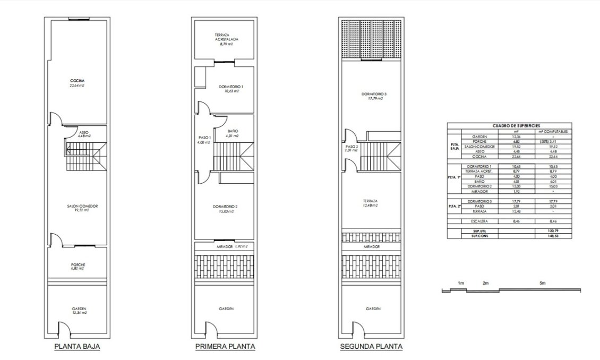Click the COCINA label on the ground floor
point(78,81)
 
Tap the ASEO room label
point(83,132)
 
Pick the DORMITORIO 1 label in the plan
point(231,87)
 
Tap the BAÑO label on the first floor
point(233,131)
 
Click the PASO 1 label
point(204,138)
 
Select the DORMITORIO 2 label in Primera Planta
point(227,207)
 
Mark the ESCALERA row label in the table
point(479,221)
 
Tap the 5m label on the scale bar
point(542,283)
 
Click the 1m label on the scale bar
point(461,283)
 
